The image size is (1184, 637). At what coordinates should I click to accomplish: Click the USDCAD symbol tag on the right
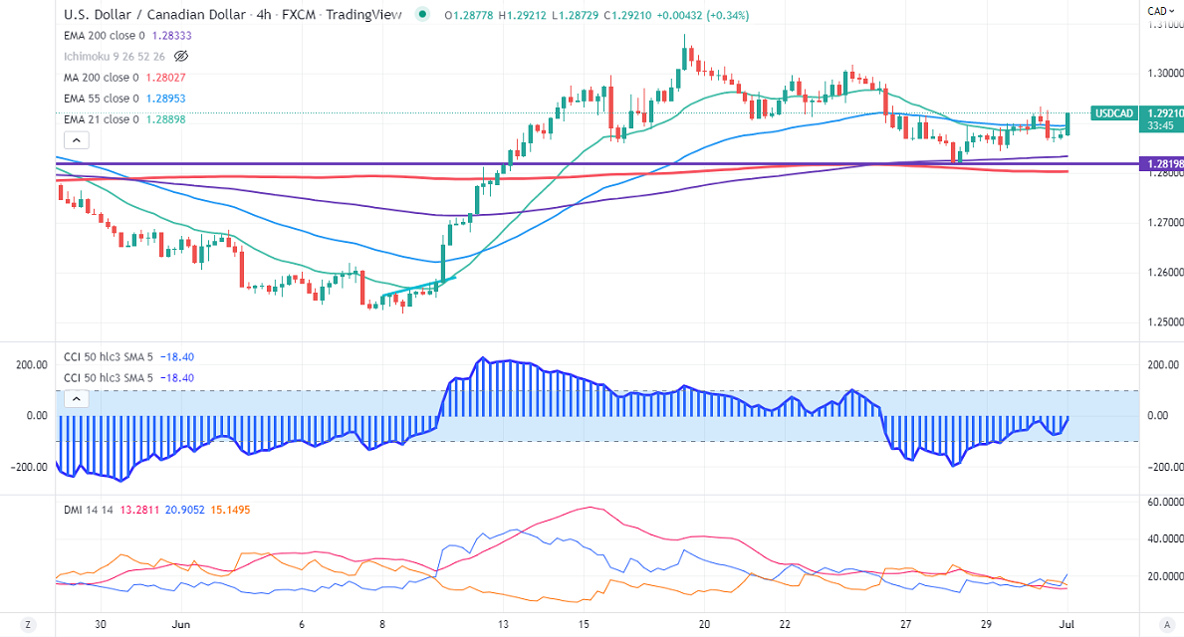pyautogui.click(x=1113, y=113)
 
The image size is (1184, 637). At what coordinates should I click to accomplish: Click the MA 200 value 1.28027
pyautogui.click(x=159, y=78)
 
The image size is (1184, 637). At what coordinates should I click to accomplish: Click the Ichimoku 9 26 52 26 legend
pyautogui.click(x=115, y=57)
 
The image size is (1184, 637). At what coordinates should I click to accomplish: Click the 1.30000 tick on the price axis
pyautogui.click(x=1164, y=73)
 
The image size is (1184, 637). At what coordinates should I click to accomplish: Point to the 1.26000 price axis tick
pyautogui.click(x=1164, y=272)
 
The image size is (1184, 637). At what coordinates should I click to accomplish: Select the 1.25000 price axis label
pyautogui.click(x=1164, y=322)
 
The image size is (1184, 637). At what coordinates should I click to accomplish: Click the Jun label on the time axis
pyautogui.click(x=180, y=625)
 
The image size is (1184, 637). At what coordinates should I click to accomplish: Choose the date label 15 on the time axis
pyautogui.click(x=585, y=625)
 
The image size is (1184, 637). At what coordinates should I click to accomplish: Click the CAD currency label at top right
pyautogui.click(x=1158, y=11)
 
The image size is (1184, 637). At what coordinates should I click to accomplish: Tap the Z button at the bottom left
pyautogui.click(x=29, y=625)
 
